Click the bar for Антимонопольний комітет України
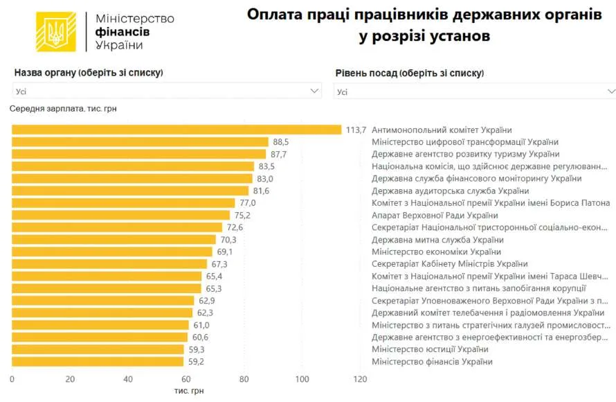point(176,130)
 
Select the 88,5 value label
point(281,142)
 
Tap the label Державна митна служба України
point(437,240)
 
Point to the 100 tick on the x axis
point(302,379)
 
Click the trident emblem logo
point(56,32)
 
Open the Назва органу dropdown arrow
point(314,91)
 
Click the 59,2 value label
point(196,362)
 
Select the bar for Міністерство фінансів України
point(98,362)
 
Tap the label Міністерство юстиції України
point(431,349)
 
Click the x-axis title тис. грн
point(189,391)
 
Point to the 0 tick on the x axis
point(12,379)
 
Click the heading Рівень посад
point(366,73)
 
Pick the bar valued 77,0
point(123,203)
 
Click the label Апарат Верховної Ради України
point(435,216)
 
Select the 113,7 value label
point(356,130)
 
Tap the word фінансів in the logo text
point(123,32)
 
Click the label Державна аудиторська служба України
point(450,191)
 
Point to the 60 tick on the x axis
point(185,379)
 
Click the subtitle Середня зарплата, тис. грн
point(63,109)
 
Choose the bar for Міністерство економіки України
point(112,252)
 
